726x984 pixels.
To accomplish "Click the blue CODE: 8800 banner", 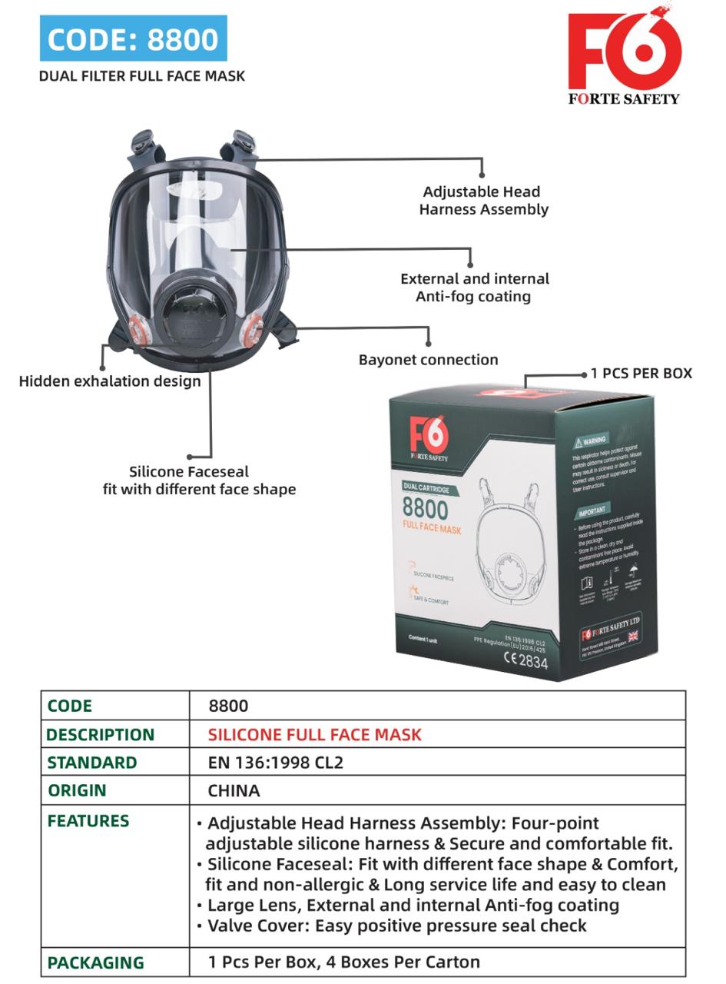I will [x=133, y=38].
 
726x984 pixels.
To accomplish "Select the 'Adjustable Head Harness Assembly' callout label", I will [x=482, y=200].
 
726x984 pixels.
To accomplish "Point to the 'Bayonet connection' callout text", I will [x=428, y=360].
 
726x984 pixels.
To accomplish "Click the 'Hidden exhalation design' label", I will [x=110, y=381].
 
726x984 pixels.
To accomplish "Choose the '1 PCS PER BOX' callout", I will [x=641, y=374].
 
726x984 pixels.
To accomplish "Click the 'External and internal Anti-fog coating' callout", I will [x=474, y=288].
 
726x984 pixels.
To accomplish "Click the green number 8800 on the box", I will [x=425, y=509].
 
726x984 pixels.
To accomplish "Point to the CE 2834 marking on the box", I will [x=525, y=660].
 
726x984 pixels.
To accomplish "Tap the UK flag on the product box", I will [x=633, y=637].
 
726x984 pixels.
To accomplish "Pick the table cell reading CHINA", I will [x=234, y=790].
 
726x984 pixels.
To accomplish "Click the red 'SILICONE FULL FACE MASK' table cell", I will [x=314, y=734].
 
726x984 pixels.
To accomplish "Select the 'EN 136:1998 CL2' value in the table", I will [x=275, y=763].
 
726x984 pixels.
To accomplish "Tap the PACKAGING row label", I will [x=95, y=962].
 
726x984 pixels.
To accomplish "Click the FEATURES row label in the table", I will [x=88, y=821].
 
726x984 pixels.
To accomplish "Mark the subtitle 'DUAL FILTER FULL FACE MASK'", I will [x=142, y=76].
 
